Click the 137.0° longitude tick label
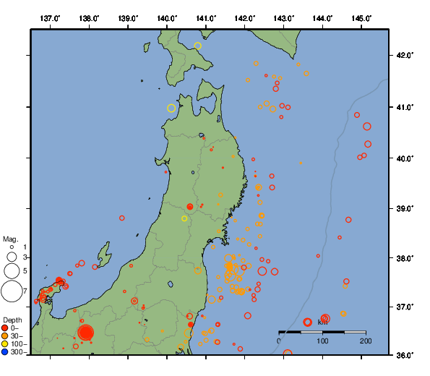point(50,18)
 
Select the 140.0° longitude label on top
point(167,18)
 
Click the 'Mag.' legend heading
point(10,239)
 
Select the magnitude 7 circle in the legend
point(12,291)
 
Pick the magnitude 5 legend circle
point(12,270)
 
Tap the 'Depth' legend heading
point(12,320)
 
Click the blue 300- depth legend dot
point(5,352)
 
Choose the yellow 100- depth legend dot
point(5,344)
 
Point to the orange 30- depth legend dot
point(5,336)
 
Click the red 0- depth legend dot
point(5,328)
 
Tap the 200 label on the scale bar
point(365,341)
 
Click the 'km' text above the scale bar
point(322,322)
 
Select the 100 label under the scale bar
point(322,341)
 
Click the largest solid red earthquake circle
point(86,333)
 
